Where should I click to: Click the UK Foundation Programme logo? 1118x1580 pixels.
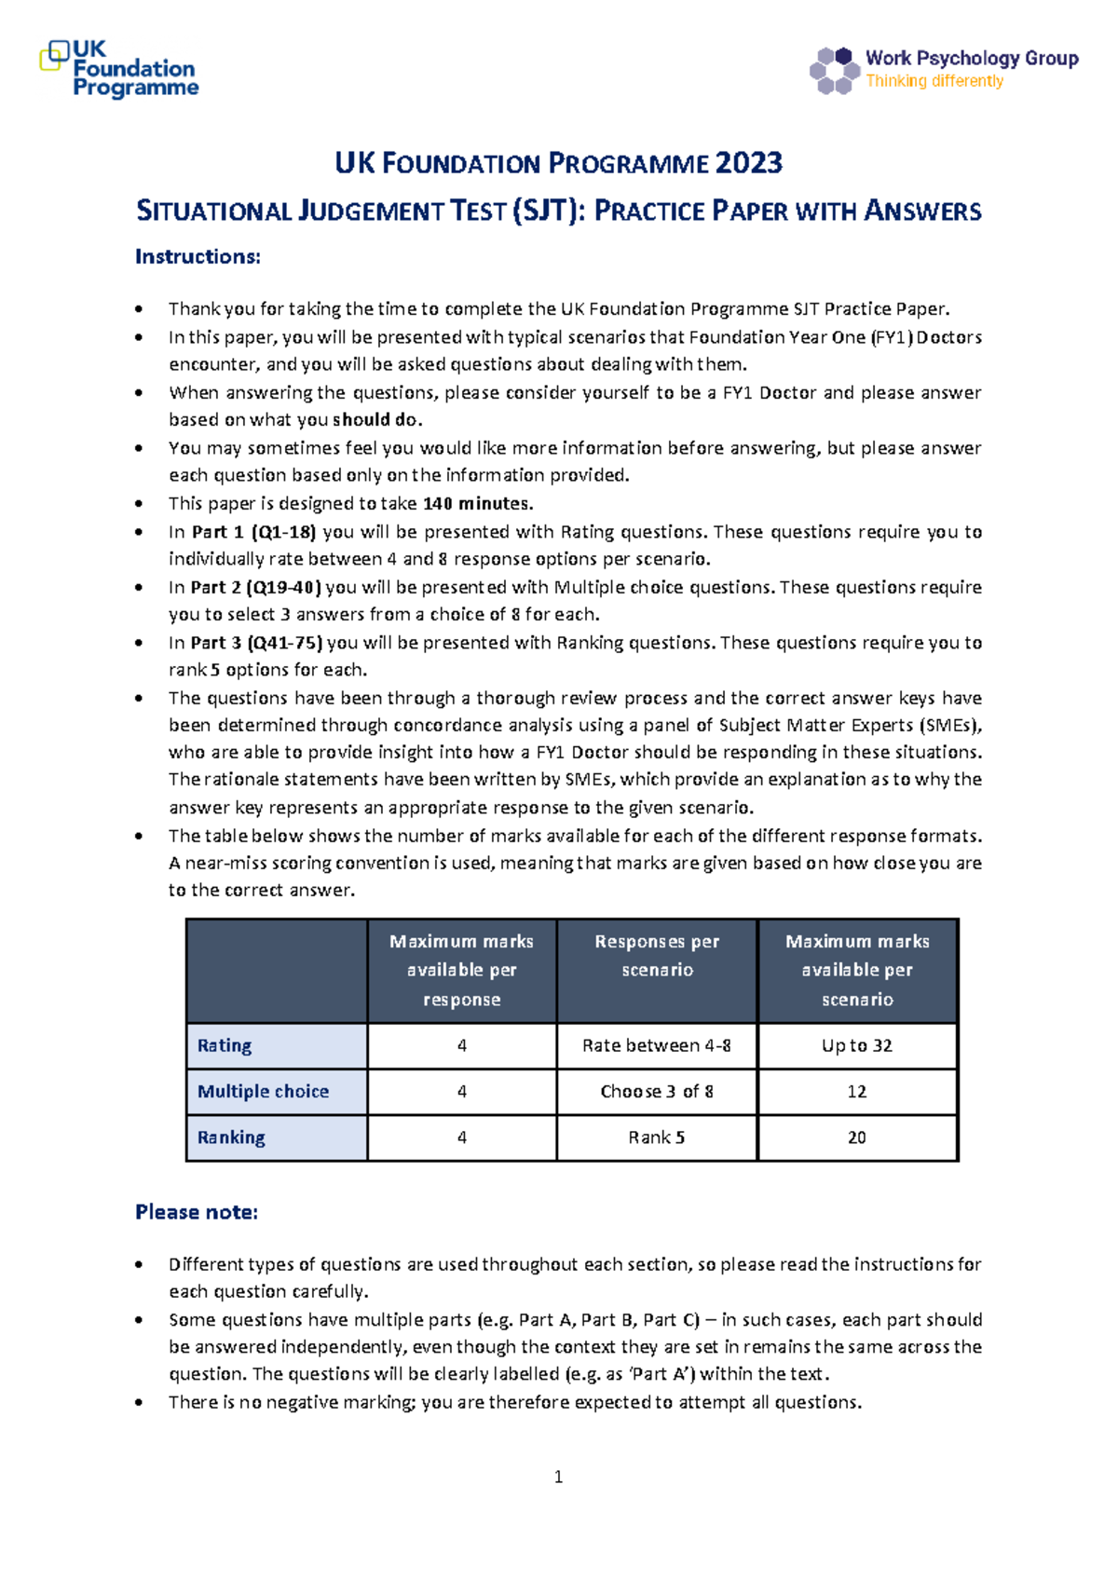pyautogui.click(x=119, y=69)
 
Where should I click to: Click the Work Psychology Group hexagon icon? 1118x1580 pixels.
pyautogui.click(x=834, y=71)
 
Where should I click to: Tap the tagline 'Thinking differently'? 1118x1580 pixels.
pyautogui.click(x=934, y=81)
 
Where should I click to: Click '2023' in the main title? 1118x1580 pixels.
pyautogui.click(x=749, y=163)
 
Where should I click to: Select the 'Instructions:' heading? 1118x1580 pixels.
pyautogui.click(x=198, y=256)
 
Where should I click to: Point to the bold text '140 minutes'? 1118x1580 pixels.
pyautogui.click(x=477, y=504)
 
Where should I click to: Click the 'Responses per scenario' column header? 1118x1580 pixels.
pyautogui.click(x=657, y=956)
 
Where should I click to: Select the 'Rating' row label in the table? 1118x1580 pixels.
pyautogui.click(x=225, y=1045)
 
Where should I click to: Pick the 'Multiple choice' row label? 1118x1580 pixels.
pyautogui.click(x=263, y=1091)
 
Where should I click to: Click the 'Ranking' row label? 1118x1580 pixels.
pyautogui.click(x=231, y=1137)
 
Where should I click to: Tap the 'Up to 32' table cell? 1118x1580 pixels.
pyautogui.click(x=856, y=1045)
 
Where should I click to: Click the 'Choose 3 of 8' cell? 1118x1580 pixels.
pyautogui.click(x=657, y=1091)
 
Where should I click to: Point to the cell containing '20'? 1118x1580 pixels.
pyautogui.click(x=856, y=1137)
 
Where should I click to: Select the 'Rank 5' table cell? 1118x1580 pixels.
pyautogui.click(x=657, y=1137)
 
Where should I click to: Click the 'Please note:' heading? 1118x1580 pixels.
pyautogui.click(x=197, y=1212)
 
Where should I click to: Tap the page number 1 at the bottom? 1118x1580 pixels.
pyautogui.click(x=558, y=1477)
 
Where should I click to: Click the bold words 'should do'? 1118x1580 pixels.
pyautogui.click(x=375, y=420)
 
